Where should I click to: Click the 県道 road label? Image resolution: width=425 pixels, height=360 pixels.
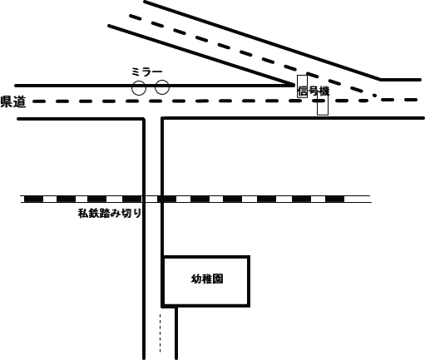(x=13, y=101)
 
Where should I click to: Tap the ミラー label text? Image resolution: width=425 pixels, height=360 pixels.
(x=146, y=72)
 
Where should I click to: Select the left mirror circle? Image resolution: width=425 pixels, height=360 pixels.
(x=139, y=88)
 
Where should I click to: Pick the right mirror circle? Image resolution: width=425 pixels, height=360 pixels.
(x=162, y=87)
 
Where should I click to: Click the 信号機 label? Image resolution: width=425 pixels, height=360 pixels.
(x=314, y=91)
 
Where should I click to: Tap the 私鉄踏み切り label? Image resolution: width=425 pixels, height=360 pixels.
(x=110, y=214)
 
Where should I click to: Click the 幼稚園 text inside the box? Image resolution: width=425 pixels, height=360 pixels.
(x=207, y=279)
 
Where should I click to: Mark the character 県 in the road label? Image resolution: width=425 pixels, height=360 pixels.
(x=7, y=101)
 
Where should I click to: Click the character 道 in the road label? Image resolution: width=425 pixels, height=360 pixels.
(x=20, y=101)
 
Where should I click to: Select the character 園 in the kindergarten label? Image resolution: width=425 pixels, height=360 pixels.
(x=218, y=279)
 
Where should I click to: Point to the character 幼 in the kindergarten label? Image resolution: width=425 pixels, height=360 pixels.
(x=196, y=279)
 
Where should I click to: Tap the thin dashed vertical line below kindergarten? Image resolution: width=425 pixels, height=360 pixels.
(x=160, y=333)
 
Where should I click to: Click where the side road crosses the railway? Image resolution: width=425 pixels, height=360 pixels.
(x=153, y=199)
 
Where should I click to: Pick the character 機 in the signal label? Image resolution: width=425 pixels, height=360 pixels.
(x=324, y=91)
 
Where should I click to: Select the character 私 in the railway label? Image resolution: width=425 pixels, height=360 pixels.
(x=83, y=214)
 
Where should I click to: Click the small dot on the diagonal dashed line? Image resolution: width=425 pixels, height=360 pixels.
(x=374, y=96)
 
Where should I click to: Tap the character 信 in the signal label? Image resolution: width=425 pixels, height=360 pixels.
(x=303, y=91)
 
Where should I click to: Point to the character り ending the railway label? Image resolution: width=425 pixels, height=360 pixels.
(x=138, y=214)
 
